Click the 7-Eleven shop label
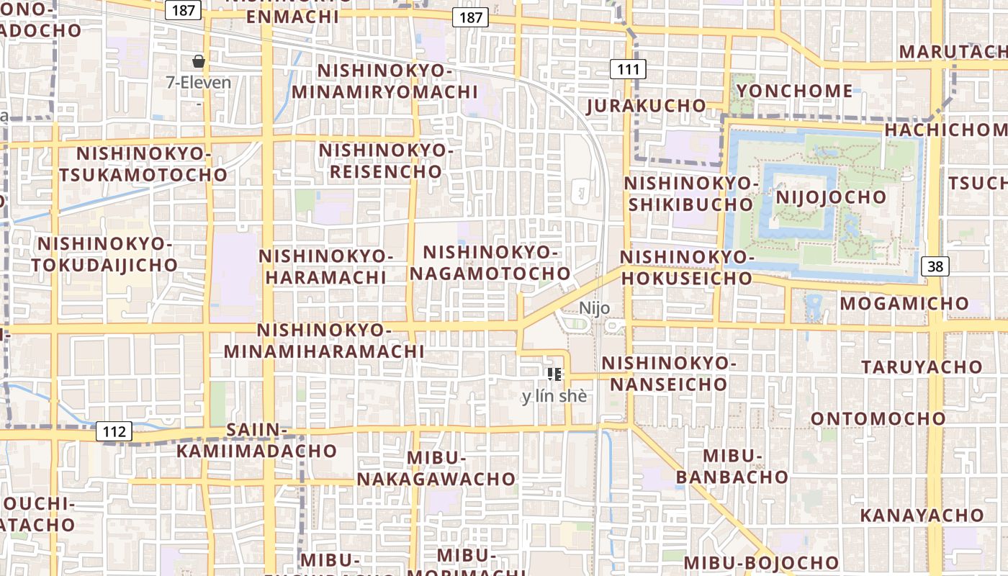(x=199, y=82)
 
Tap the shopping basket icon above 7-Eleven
(x=199, y=61)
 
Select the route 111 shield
(x=628, y=70)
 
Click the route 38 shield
(x=935, y=266)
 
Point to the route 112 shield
(x=114, y=432)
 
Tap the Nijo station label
(x=595, y=308)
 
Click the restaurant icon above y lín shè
(x=554, y=374)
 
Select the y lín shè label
(x=554, y=396)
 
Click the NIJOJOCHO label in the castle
(x=831, y=197)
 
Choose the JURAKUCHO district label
(x=647, y=106)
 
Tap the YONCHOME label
(x=795, y=91)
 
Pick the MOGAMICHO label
(x=904, y=303)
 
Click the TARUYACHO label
(x=922, y=366)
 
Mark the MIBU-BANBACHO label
(x=732, y=467)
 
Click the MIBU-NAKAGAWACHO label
(x=436, y=469)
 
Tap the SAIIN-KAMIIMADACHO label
(x=256, y=441)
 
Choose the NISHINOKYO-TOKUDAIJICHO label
(x=104, y=254)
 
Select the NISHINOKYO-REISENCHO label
(x=386, y=161)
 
